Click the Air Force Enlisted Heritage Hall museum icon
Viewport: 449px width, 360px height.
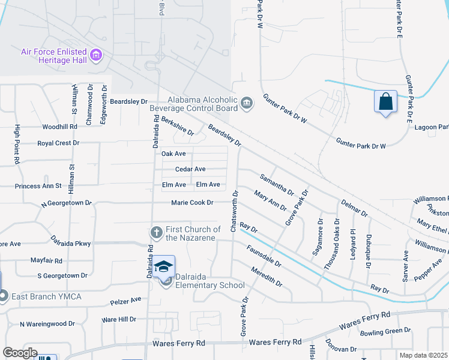coord(95,56)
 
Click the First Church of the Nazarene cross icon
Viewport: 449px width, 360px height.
coord(155,232)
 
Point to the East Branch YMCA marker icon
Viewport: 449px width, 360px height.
coord(3,295)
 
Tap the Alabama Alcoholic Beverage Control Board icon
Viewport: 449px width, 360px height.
coord(247,104)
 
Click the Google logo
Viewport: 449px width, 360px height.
coord(19,353)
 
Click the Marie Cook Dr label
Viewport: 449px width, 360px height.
coord(192,203)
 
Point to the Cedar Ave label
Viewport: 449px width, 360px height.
coord(190,169)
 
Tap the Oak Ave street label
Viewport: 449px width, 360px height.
coord(173,154)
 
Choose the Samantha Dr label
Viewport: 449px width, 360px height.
coord(277,184)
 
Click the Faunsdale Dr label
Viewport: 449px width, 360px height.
coord(264,255)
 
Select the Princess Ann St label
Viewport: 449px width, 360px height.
coord(38,186)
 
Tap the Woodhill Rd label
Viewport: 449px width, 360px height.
coord(59,127)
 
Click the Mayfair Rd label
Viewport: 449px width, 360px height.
coord(46,261)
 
